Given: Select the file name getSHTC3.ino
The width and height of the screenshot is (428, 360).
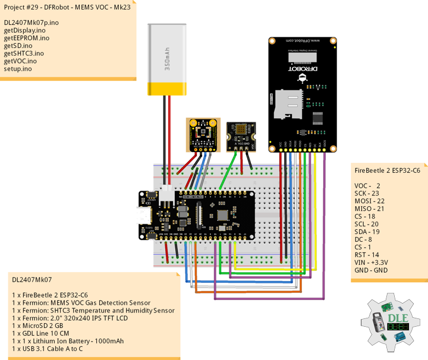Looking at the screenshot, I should [x=24, y=53].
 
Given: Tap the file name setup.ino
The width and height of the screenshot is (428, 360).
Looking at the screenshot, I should [x=18, y=68].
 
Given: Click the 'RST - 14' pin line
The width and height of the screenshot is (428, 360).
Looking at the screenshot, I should [x=367, y=254].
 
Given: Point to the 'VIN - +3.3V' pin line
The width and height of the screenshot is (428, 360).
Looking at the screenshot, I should [x=372, y=262].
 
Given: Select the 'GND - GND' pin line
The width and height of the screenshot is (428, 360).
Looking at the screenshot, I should [x=371, y=270].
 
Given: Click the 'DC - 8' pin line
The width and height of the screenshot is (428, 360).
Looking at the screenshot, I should [x=364, y=239].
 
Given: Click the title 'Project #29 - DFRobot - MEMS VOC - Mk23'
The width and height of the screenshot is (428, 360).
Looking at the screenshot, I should [x=67, y=8].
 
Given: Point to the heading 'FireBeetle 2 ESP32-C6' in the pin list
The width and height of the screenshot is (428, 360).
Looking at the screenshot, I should [x=387, y=170].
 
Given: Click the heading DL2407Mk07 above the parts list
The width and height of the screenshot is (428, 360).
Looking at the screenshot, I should [x=32, y=279].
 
